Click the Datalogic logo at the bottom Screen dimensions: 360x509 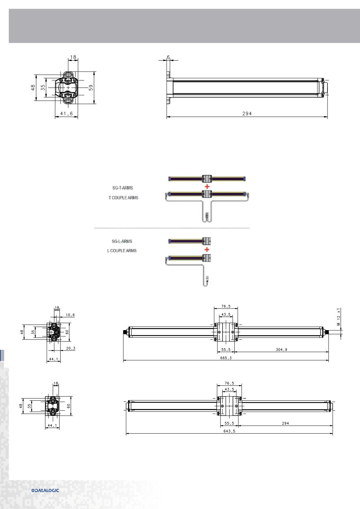coord(45,490)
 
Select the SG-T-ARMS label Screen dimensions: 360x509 coord(123,188)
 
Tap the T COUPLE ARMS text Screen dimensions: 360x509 coord(124,198)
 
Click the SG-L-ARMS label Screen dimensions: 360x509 coord(122,241)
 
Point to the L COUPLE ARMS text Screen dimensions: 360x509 coord(122,251)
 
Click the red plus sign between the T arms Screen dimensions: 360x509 coord(207,187)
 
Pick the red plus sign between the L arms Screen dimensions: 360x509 coord(207,249)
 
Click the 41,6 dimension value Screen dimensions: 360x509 coord(66,113)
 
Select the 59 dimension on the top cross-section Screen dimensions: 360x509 coord(91,88)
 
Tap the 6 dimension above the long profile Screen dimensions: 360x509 coord(168,57)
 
